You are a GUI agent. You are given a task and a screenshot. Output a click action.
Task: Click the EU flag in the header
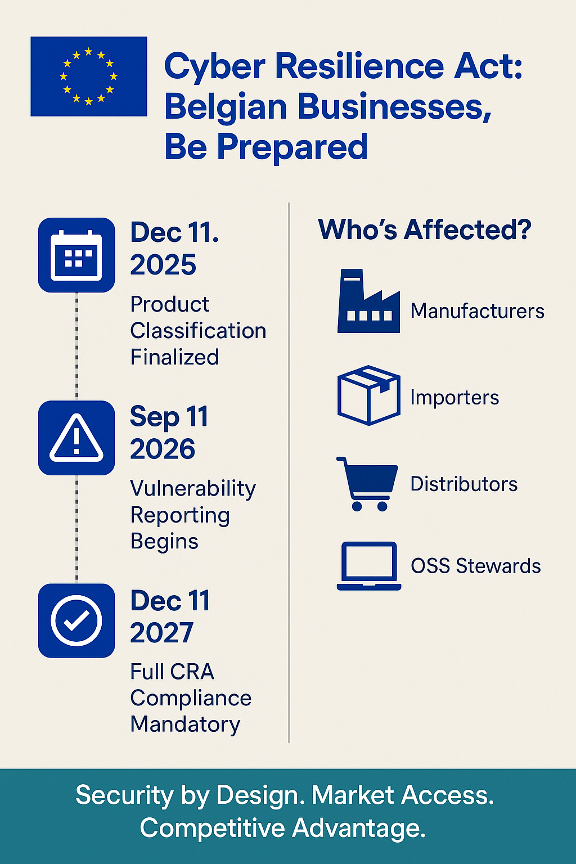[x=89, y=76]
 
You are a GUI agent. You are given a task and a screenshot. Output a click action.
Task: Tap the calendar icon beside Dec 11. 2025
[x=76, y=255]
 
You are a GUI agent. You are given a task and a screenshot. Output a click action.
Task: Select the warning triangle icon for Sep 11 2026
[x=76, y=438]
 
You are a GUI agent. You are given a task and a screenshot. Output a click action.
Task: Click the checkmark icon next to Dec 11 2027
[x=76, y=620]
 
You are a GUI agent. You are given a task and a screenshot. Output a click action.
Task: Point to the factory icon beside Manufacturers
[x=368, y=301]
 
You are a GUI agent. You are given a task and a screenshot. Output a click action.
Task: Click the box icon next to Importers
[x=369, y=395]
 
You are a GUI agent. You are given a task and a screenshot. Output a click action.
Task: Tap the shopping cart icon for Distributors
[x=367, y=484]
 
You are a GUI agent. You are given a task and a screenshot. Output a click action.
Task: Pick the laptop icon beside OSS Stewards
[x=369, y=566]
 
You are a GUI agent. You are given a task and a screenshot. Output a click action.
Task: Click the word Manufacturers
[x=477, y=311]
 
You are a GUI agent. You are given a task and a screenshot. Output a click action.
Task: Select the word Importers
[x=454, y=398]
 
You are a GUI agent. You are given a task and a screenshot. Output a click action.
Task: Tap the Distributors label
[x=463, y=484]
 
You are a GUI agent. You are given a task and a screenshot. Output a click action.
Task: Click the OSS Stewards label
[x=476, y=566]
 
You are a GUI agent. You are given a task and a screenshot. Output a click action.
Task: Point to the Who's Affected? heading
[x=425, y=229]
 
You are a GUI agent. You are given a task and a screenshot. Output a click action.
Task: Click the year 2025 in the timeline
[x=163, y=264]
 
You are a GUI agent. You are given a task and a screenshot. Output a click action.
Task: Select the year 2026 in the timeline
[x=163, y=449]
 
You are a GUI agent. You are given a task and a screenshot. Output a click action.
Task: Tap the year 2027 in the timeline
[x=161, y=633]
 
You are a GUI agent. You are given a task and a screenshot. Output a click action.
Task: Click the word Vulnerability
[x=193, y=489]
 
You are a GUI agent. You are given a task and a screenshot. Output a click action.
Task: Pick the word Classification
[x=199, y=331]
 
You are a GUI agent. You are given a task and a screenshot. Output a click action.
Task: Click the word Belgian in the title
[x=226, y=107]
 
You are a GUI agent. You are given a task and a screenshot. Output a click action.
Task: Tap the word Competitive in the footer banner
[x=212, y=828]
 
